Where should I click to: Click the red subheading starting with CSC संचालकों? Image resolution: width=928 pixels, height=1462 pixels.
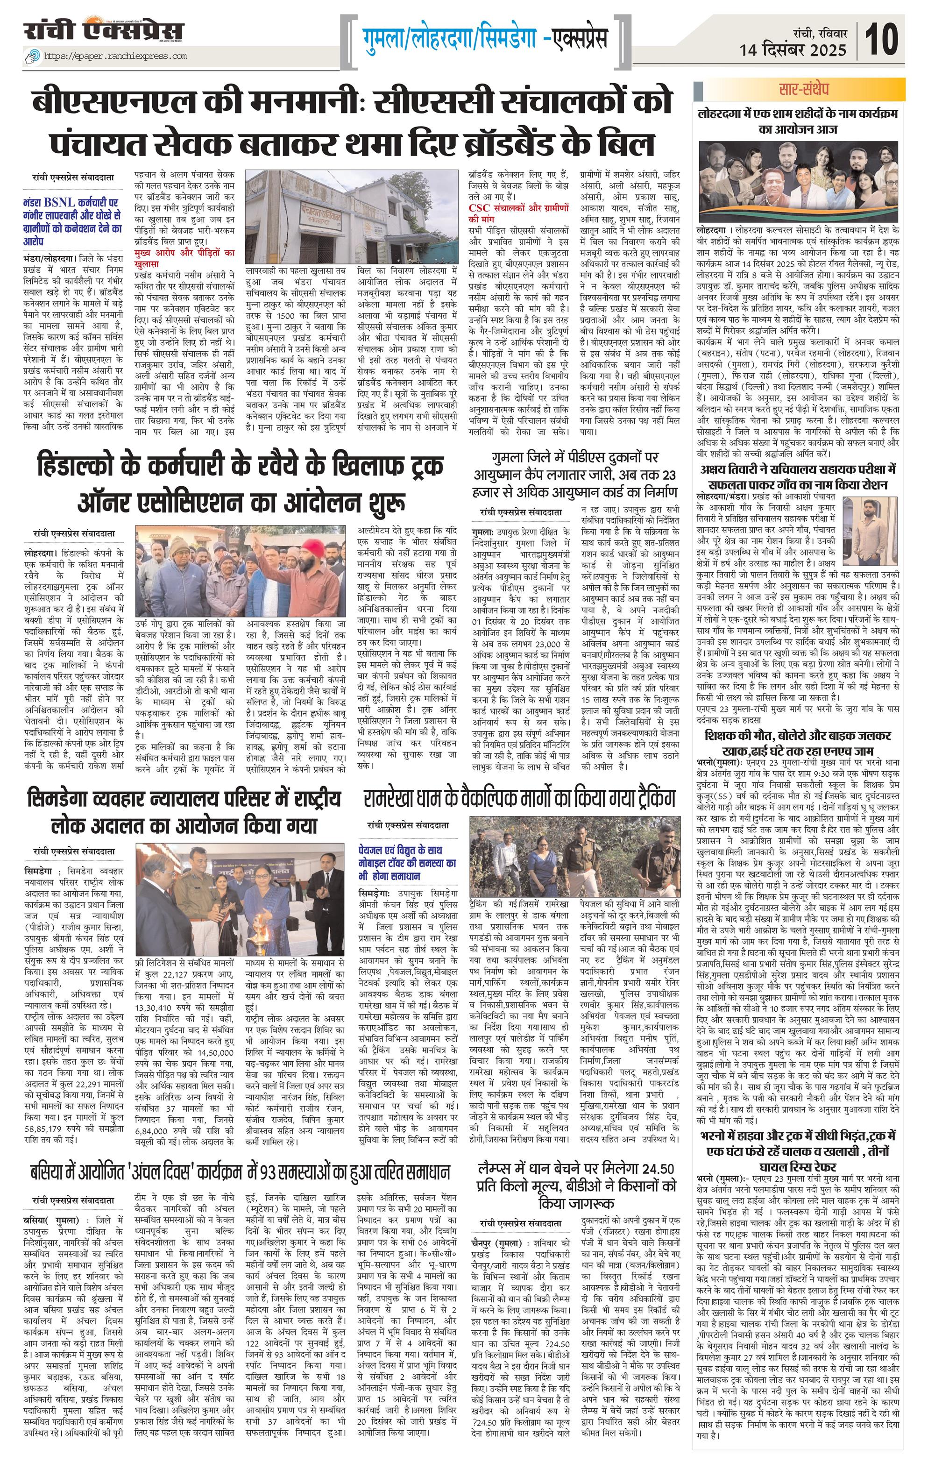pyautogui.click(x=518, y=213)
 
